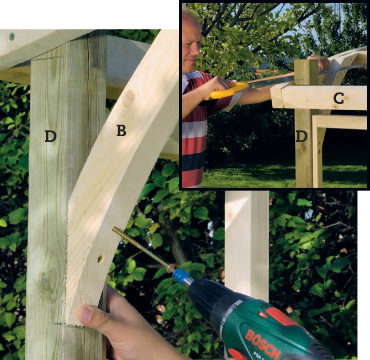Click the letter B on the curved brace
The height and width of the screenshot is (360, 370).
[121, 130]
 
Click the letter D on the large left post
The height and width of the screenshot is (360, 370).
[51, 137]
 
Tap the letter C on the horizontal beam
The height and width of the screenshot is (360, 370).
[339, 99]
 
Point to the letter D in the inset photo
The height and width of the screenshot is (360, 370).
[302, 137]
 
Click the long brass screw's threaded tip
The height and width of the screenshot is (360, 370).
[114, 229]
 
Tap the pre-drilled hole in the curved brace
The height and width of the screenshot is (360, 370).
[100, 259]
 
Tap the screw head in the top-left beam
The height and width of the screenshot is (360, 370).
[12, 36]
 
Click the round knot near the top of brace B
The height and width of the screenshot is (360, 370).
[129, 99]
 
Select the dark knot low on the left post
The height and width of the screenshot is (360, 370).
[46, 279]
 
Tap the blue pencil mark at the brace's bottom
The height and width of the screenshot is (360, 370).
[59, 324]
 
